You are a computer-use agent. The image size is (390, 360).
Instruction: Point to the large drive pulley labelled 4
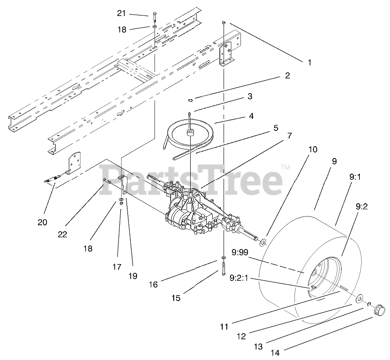189,132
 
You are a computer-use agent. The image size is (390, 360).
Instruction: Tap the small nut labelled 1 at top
224,22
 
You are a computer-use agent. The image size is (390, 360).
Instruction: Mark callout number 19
132,275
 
